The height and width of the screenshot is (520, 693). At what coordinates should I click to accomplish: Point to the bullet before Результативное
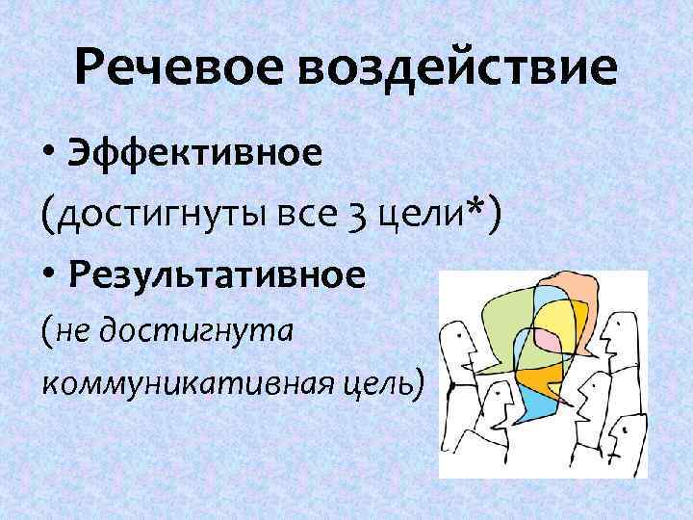(x=49, y=277)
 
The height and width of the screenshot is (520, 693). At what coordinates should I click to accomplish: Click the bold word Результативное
(x=218, y=276)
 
